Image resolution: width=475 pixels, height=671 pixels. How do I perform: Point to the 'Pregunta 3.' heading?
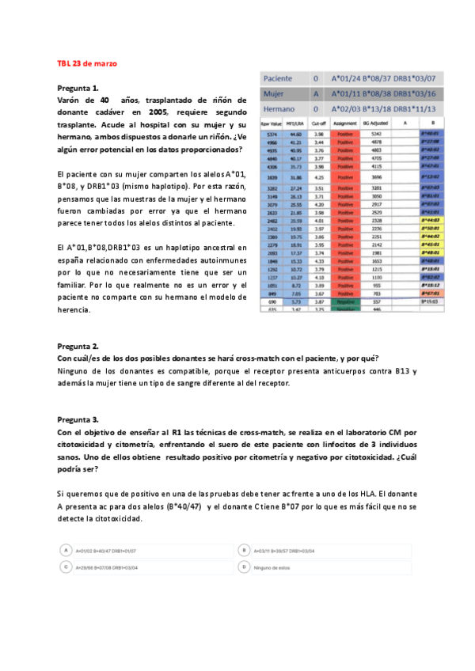click(78, 419)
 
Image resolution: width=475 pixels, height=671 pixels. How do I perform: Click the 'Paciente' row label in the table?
click(278, 79)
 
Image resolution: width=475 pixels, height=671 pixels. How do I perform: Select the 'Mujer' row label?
click(273, 93)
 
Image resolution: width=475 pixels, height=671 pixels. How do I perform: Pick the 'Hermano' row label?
click(278, 108)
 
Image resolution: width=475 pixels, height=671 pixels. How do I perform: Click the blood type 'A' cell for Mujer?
click(316, 93)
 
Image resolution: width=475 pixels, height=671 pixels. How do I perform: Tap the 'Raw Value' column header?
click(272, 123)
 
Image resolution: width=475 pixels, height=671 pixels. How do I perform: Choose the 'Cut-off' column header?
click(319, 123)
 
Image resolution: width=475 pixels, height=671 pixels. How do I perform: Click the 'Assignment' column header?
click(345, 123)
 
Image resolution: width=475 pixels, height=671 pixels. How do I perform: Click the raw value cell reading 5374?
click(272, 135)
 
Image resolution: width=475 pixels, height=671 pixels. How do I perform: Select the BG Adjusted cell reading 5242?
click(376, 135)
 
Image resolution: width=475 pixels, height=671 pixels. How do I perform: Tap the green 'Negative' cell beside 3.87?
click(345, 302)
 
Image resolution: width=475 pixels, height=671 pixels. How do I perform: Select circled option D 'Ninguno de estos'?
click(245, 567)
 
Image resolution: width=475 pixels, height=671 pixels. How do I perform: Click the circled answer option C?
click(67, 567)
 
